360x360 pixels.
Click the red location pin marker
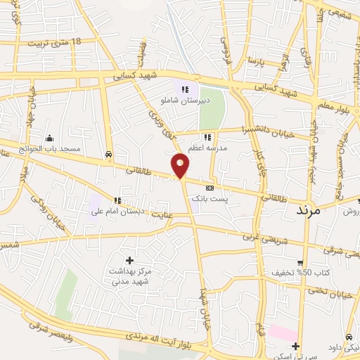pos(181,165)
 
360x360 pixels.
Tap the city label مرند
pos(309,210)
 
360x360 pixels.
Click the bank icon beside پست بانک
pos(210,188)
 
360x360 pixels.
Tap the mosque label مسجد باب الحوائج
pos(50,149)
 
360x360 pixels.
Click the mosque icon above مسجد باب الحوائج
pos(49,138)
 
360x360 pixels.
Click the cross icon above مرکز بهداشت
pos(129,260)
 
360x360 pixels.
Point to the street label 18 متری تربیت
pos(54,42)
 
